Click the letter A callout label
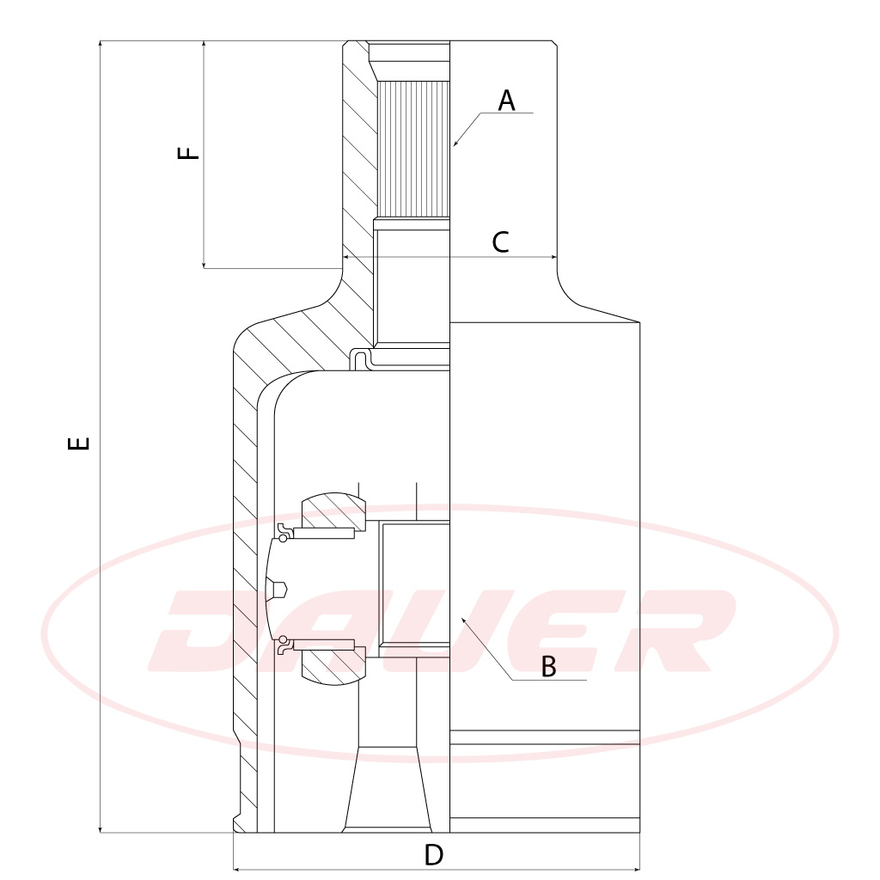(x=507, y=101)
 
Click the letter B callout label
(x=549, y=666)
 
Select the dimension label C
(x=500, y=242)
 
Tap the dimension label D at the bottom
(x=434, y=855)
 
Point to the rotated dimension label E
(x=79, y=443)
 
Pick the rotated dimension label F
(x=188, y=153)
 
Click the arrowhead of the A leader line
(x=455, y=144)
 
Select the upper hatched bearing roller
(x=330, y=510)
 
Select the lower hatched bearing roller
(x=330, y=666)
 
